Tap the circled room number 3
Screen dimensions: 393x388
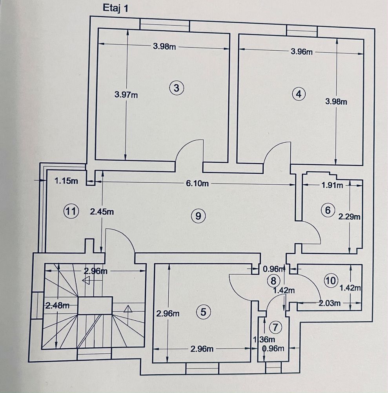click(x=176, y=88)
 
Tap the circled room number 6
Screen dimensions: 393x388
click(x=328, y=210)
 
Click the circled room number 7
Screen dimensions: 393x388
click(x=276, y=327)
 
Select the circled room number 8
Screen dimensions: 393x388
click(x=273, y=281)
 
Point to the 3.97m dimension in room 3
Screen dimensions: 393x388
click(x=126, y=94)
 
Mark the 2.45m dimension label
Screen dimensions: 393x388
click(x=102, y=212)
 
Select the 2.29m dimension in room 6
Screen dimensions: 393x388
click(x=349, y=216)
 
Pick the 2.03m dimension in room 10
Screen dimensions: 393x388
click(x=330, y=303)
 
